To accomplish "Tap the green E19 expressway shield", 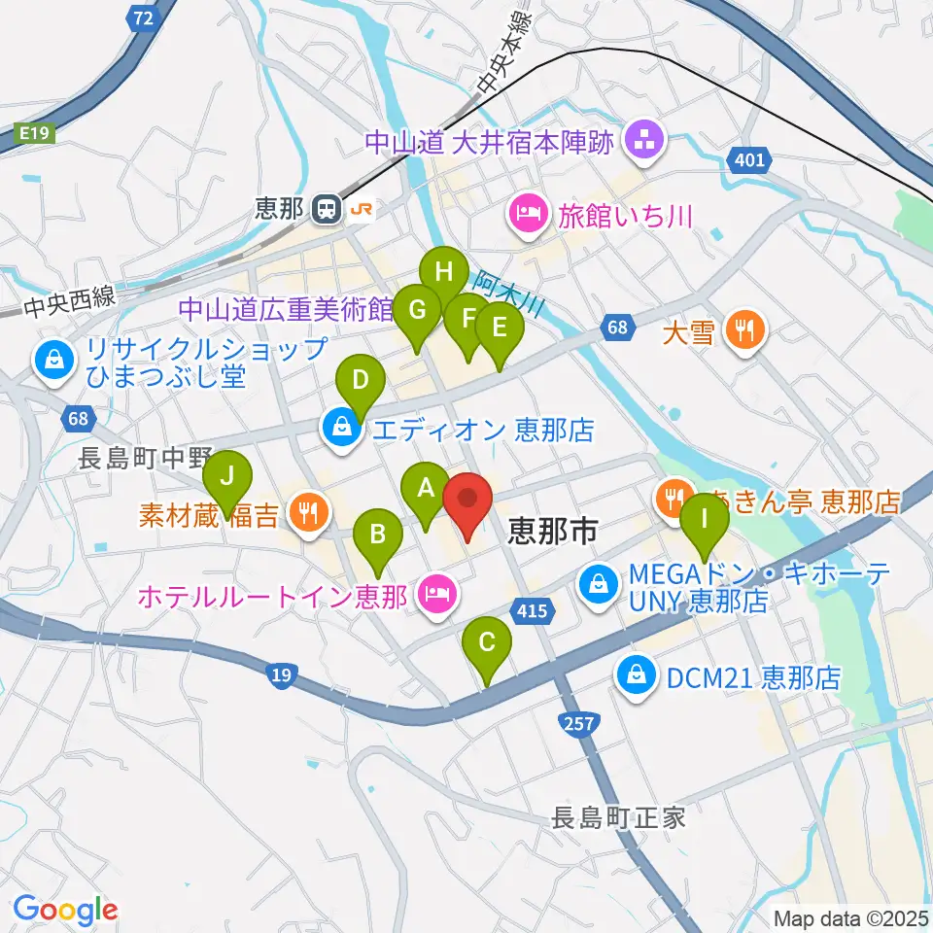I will pyautogui.click(x=36, y=135).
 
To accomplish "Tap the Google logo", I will pyautogui.click(x=65, y=910).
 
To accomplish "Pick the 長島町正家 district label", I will pyautogui.click(x=620, y=816).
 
